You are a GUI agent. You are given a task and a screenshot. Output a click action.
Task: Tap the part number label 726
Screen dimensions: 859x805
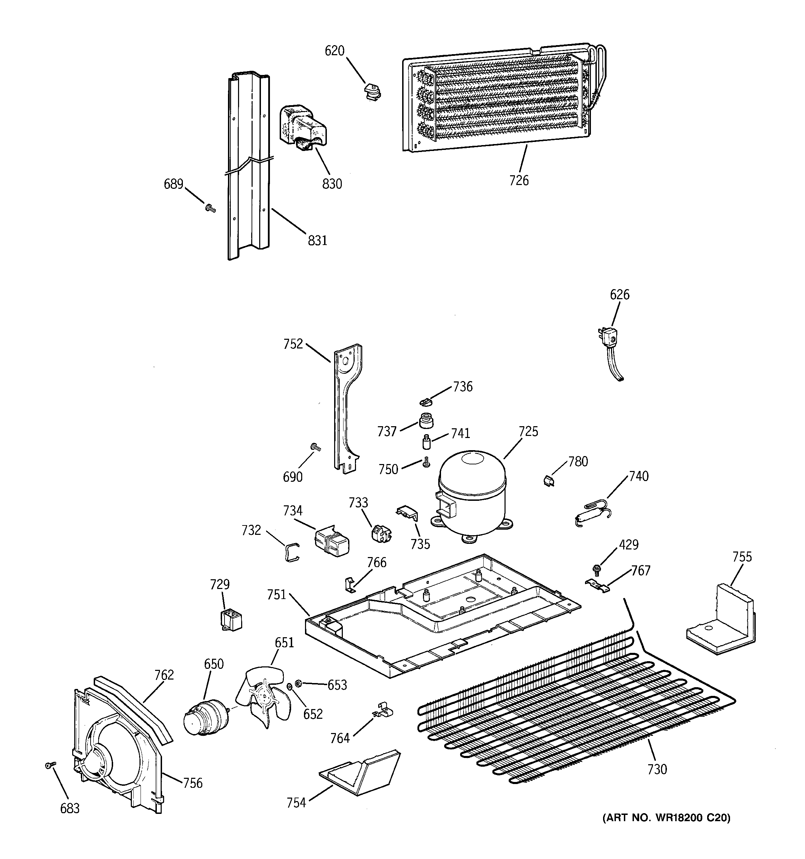tap(518, 180)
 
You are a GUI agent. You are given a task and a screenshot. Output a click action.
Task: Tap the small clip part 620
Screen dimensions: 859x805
tap(372, 92)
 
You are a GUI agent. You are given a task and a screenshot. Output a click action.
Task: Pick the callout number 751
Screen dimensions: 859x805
tap(277, 595)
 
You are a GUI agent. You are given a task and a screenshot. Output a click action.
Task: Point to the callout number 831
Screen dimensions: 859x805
tap(317, 240)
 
